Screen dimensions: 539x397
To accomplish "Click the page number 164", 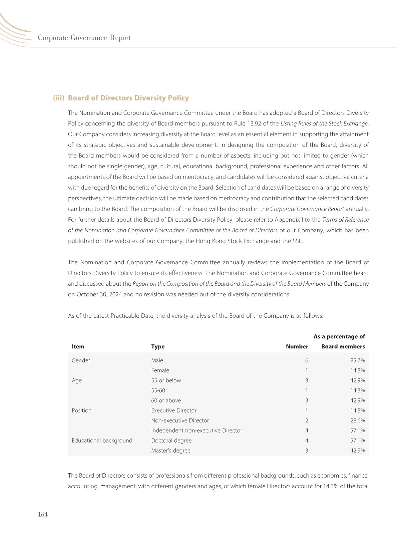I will pos(43,514).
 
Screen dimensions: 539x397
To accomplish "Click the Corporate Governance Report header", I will pos(84,38).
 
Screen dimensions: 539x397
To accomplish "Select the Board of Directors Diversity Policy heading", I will pos(128,98).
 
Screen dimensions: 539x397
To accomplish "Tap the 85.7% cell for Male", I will pos(357,360).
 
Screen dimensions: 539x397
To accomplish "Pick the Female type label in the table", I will pos(160,370).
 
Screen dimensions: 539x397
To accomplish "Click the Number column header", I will pos(297,346).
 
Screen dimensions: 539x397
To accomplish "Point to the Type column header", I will pos(158,346).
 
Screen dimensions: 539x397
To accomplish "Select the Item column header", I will pos(78,346).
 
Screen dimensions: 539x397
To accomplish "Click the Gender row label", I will pos(81,360).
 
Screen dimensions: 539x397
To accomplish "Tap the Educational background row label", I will pos(102,441).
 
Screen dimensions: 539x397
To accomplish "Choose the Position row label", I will pos(82,411).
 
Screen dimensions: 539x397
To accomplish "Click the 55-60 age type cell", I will pos(158,390).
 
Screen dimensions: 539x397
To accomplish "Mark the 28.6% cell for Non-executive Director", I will pos(357,421).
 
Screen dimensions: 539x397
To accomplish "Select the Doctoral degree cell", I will pos(171,441).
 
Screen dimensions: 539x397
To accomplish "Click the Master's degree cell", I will pos(171,451).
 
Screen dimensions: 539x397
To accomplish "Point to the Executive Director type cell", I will pos(174,411).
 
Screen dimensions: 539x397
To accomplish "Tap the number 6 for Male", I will pos(307,360).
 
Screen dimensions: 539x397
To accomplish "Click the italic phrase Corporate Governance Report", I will pos(307,209).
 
